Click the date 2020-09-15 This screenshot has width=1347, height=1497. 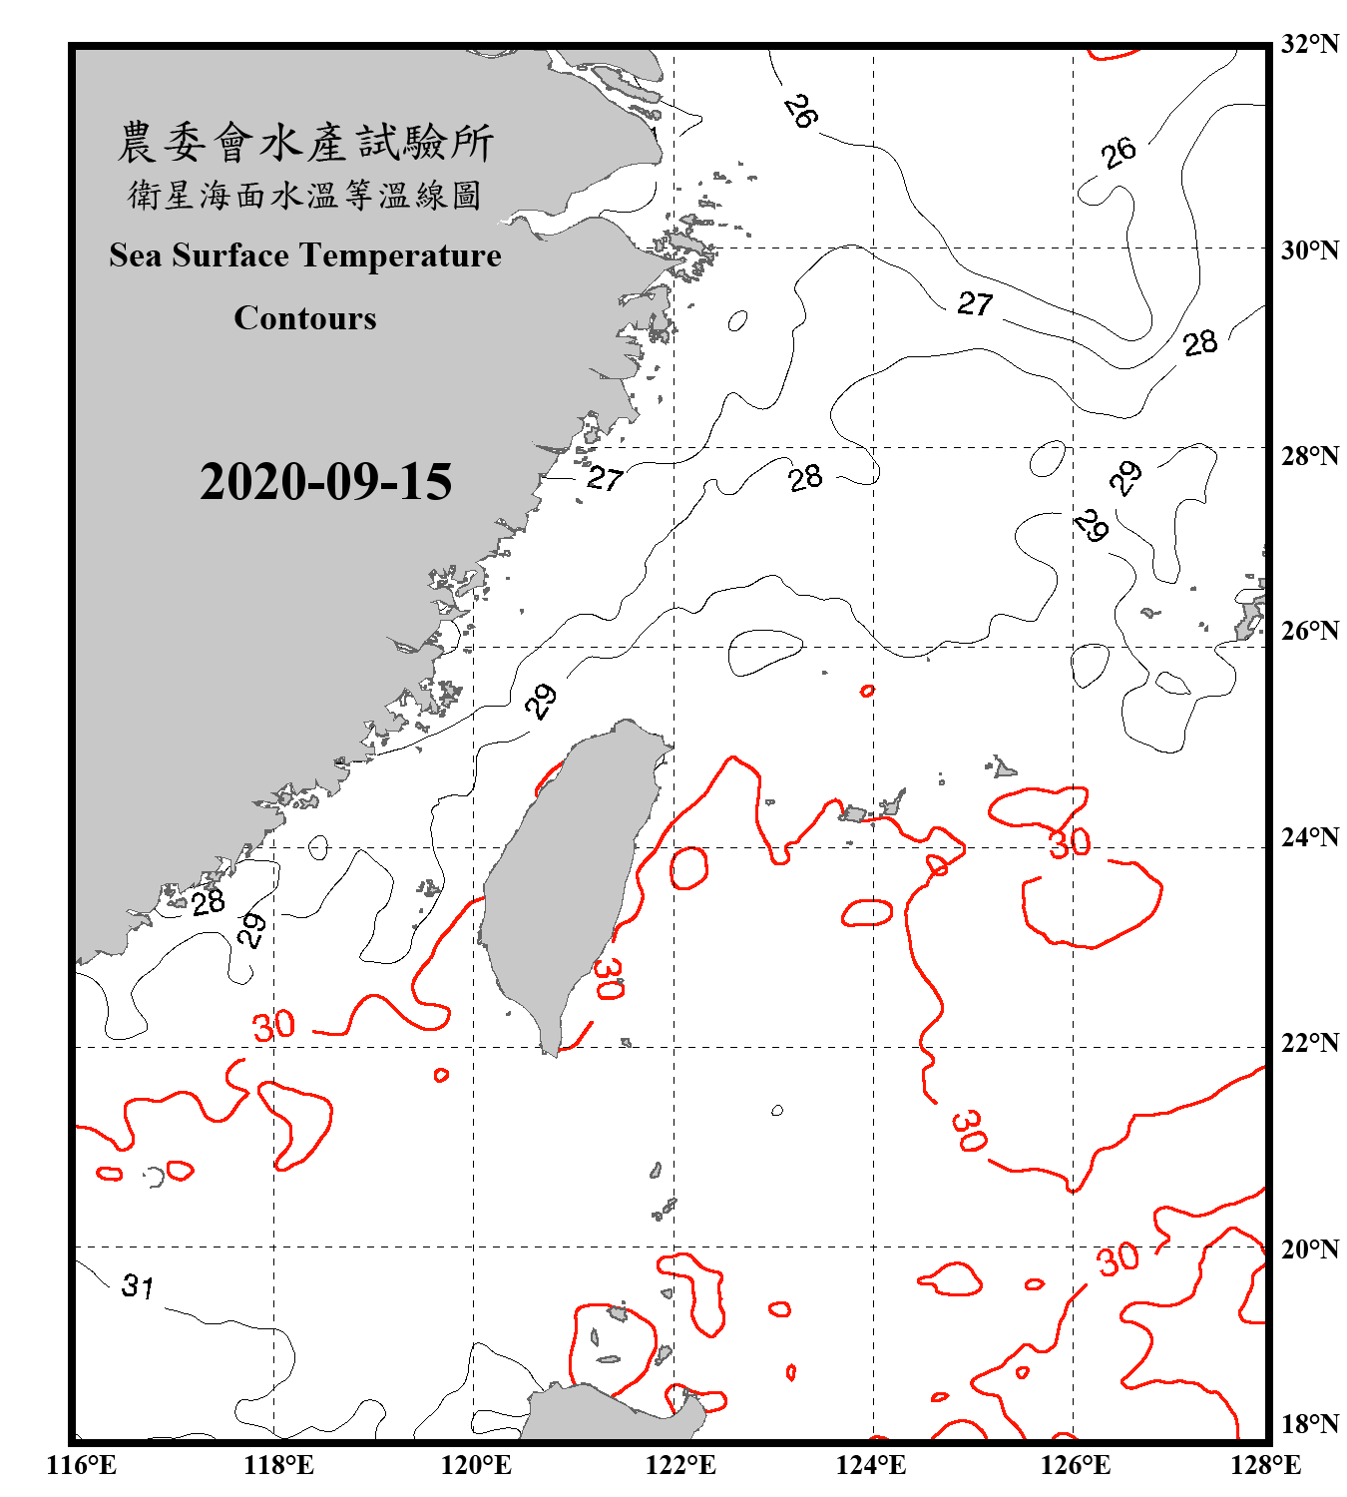[325, 482]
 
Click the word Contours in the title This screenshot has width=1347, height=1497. [305, 318]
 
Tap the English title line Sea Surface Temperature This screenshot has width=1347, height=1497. [305, 255]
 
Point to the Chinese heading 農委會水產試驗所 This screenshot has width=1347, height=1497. [305, 143]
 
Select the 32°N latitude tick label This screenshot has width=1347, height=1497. [1309, 44]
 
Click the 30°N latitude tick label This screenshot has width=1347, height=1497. [1309, 250]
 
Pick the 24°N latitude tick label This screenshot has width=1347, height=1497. [1309, 836]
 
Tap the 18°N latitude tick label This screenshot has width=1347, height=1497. [1309, 1424]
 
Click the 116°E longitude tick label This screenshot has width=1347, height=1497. [83, 1465]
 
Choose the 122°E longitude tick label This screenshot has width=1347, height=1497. [680, 1465]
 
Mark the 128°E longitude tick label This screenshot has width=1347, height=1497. [1265, 1465]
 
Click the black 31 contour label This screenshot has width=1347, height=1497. [138, 1286]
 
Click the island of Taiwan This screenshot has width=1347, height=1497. [564, 878]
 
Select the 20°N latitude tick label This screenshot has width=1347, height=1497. [1309, 1249]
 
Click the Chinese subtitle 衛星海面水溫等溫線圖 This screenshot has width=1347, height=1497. [305, 196]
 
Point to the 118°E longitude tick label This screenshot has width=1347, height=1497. [278, 1465]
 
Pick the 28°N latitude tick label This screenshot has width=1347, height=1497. [1309, 456]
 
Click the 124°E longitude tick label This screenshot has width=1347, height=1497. [871, 1465]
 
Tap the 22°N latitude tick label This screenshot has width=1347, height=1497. [1309, 1043]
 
